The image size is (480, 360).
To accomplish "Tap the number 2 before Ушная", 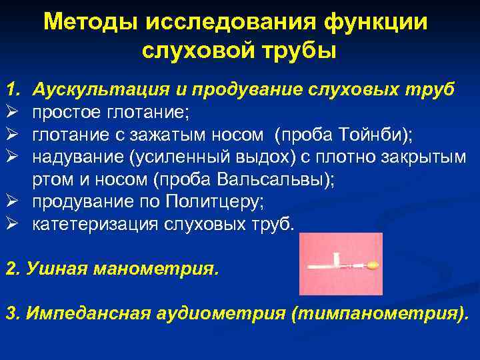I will [9, 270].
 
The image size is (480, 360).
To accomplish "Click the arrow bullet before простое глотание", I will [11, 112].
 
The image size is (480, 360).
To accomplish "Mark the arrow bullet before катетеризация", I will [11, 224].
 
